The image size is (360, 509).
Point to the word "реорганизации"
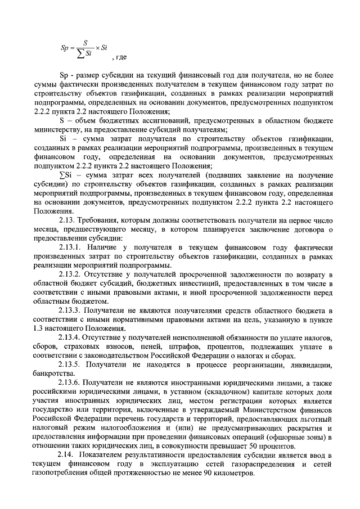click(x=249, y=363)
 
